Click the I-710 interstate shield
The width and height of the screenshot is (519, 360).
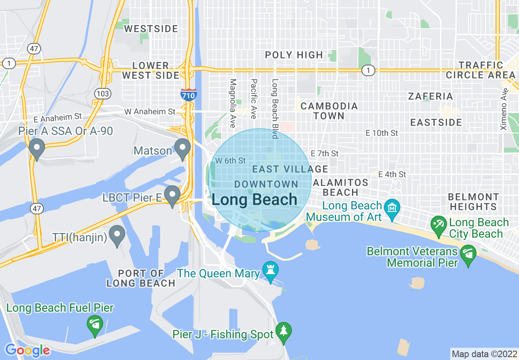(188, 94)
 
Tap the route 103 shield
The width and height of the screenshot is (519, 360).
(102, 94)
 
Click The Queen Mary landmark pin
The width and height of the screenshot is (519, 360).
(271, 272)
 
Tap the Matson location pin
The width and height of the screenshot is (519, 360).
(183, 149)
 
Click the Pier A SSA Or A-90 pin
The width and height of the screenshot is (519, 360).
(37, 149)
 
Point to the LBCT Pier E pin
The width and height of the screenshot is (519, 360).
(172, 196)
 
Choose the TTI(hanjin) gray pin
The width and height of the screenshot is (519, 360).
(118, 235)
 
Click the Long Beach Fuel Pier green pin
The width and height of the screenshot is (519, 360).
(95, 326)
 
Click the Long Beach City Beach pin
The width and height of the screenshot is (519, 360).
(439, 226)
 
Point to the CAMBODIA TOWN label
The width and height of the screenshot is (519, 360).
(329, 111)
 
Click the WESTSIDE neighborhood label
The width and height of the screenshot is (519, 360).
(151, 29)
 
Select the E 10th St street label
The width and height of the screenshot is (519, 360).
(381, 133)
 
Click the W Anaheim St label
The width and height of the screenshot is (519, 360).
(149, 111)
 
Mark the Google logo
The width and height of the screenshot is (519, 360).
(27, 350)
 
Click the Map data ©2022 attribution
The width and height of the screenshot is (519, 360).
(484, 354)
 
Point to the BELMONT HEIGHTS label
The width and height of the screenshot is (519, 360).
(473, 202)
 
